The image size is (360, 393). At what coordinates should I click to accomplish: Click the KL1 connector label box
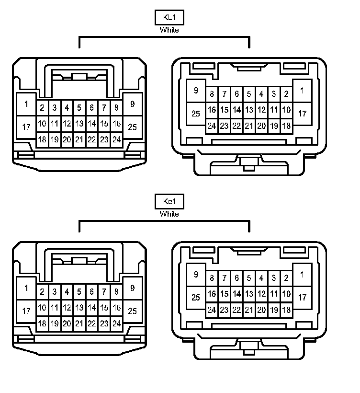(169, 18)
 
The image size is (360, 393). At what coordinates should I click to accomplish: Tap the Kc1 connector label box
(169, 202)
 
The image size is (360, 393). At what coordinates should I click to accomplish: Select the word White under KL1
(169, 30)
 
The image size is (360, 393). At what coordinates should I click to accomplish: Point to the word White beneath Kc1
(169, 214)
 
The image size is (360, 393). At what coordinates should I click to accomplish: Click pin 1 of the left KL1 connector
(26, 104)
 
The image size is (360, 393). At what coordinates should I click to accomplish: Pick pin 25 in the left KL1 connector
(133, 127)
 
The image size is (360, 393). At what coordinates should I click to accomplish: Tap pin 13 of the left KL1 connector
(79, 124)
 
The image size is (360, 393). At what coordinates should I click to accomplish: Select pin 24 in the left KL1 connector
(116, 139)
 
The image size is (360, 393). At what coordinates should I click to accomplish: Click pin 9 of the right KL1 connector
(196, 91)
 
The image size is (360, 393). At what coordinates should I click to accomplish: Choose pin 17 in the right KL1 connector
(302, 114)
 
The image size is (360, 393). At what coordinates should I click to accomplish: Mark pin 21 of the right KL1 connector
(249, 126)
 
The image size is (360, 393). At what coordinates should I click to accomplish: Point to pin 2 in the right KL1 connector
(286, 94)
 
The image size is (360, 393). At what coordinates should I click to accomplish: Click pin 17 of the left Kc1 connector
(26, 311)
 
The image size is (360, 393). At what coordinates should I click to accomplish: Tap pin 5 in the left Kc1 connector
(79, 291)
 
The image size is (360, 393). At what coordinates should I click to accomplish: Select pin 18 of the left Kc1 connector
(42, 324)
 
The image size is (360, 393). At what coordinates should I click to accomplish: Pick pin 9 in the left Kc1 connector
(133, 288)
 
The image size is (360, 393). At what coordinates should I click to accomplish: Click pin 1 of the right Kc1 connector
(302, 275)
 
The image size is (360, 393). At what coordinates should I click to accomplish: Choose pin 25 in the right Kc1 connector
(196, 298)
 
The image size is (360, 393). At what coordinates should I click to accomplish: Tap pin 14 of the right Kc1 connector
(236, 294)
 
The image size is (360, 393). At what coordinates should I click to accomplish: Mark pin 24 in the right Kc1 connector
(212, 310)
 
